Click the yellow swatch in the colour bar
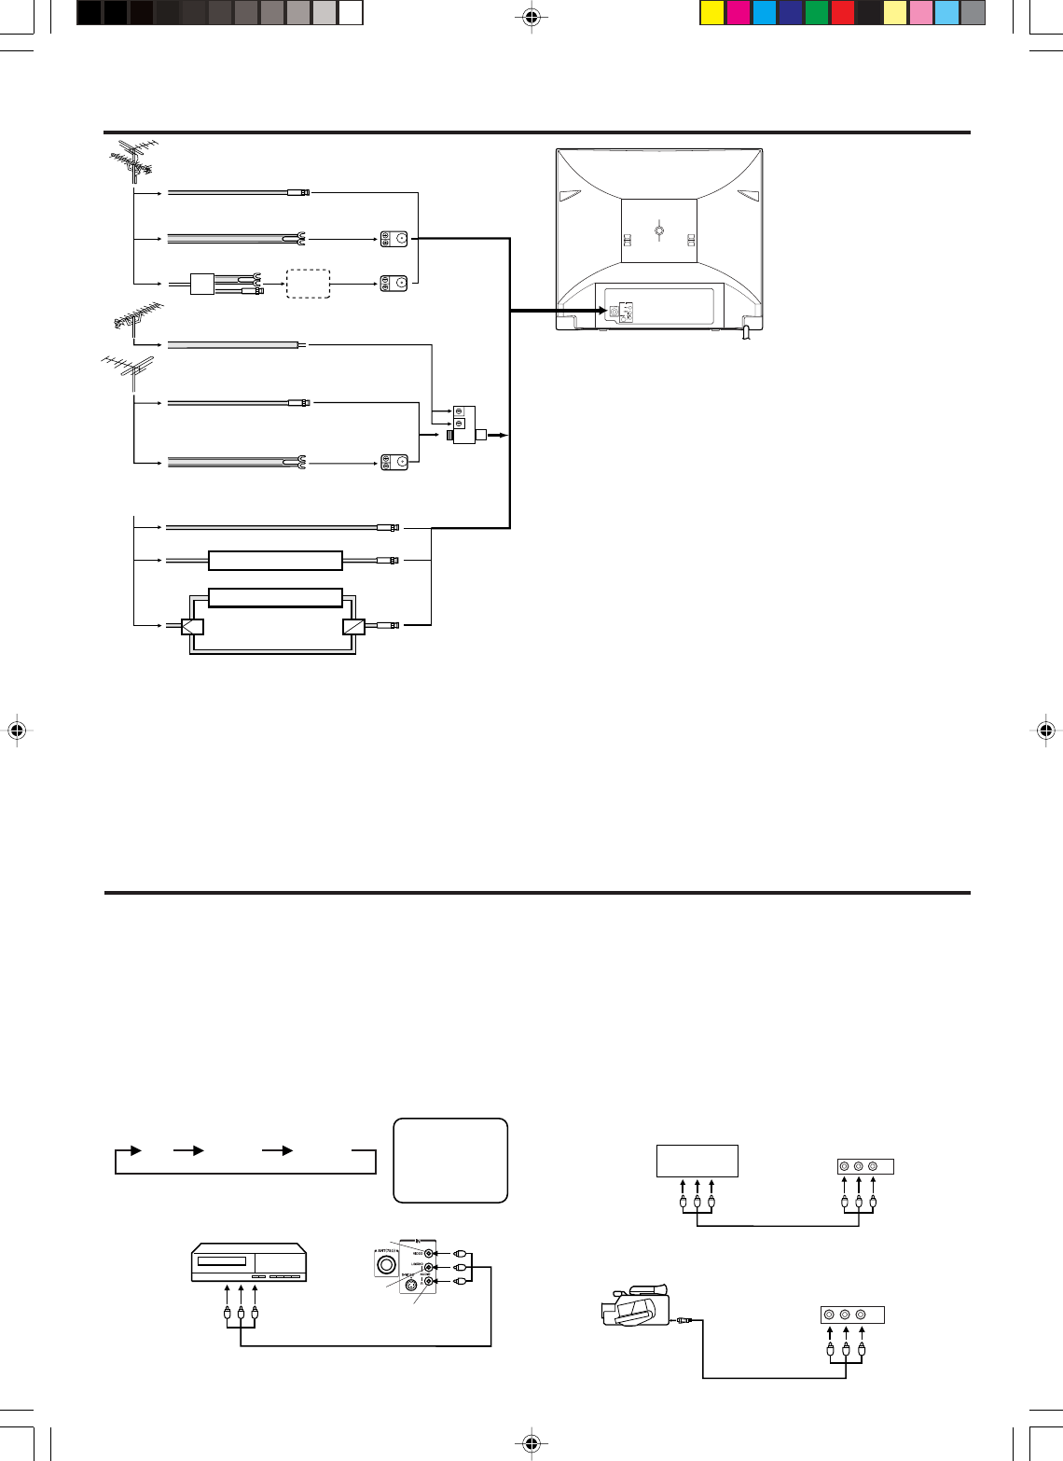[x=712, y=13]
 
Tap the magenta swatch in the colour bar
[x=739, y=13]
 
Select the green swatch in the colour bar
[x=817, y=13]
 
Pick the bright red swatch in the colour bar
[x=843, y=13]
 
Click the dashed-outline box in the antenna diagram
[x=308, y=284]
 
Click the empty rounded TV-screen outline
[x=450, y=1160]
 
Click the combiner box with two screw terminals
[x=464, y=424]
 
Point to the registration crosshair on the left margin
[x=16, y=730]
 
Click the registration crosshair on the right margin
[x=1046, y=730]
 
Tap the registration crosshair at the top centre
[x=531, y=16]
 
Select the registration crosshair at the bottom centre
[x=531, y=1444]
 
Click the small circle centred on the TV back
[x=659, y=230]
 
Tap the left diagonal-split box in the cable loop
[x=192, y=626]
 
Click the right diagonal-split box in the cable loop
[x=353, y=626]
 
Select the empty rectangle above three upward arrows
[x=697, y=1161]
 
